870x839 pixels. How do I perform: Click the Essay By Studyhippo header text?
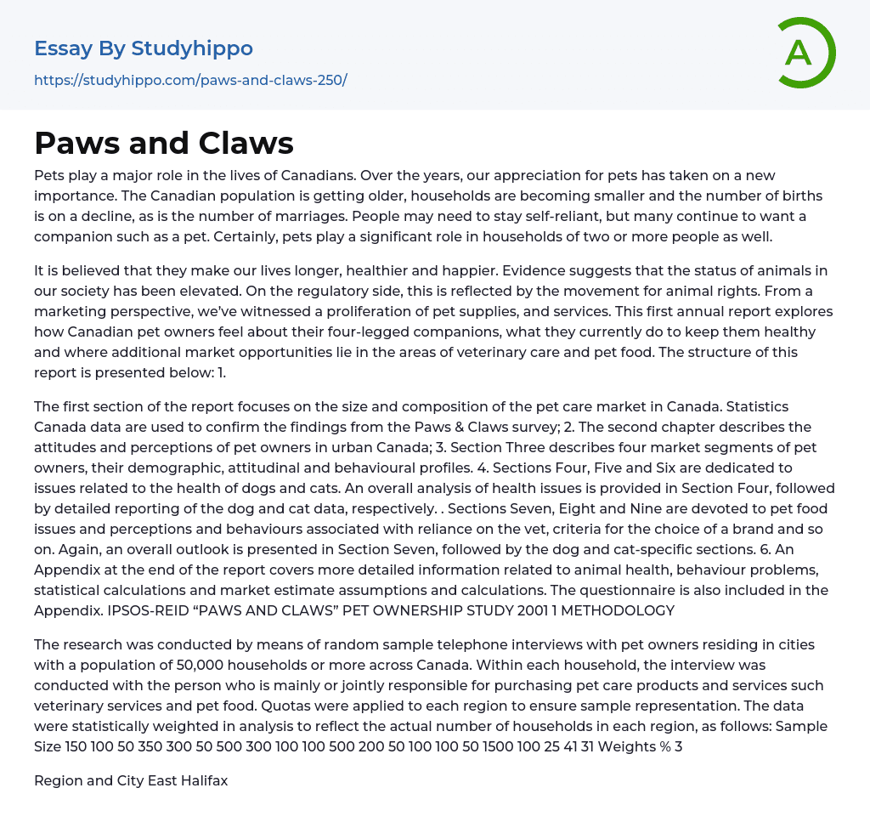click(x=144, y=48)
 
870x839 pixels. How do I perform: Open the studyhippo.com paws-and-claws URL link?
click(x=190, y=80)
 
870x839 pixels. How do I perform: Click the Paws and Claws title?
click(x=164, y=144)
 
